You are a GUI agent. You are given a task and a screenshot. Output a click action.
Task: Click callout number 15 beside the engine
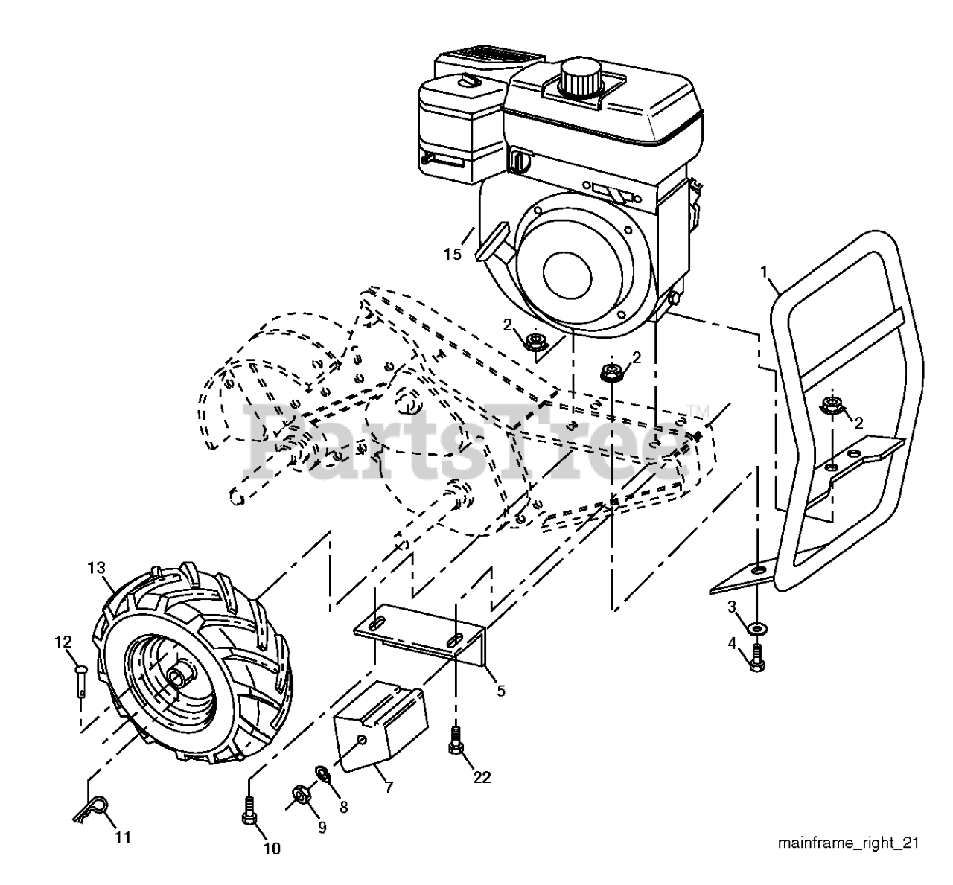[x=453, y=254]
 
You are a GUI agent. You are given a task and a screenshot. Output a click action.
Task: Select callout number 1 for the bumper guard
[x=763, y=270]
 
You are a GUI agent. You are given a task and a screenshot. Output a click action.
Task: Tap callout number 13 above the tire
[x=96, y=568]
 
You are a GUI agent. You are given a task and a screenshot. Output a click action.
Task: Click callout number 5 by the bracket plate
[x=500, y=691]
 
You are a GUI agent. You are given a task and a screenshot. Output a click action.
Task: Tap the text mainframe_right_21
[x=847, y=843]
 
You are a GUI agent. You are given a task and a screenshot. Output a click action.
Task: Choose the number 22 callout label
[x=482, y=777]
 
